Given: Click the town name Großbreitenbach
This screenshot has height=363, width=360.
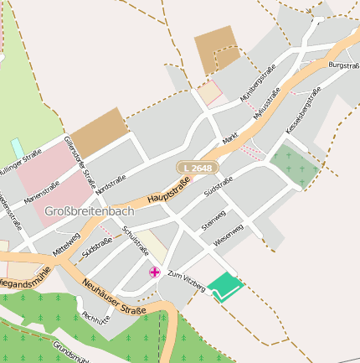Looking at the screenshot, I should coord(90,210).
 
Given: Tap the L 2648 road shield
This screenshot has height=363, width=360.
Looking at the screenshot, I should coord(198,169).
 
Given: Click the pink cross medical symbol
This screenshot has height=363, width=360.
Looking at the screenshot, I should coord(154,272).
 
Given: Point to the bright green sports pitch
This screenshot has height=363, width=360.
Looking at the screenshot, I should coord(224,285).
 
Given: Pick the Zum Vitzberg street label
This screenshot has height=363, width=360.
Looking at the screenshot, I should coord(186,281).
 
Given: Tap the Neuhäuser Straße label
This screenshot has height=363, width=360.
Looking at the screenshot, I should coord(115,299).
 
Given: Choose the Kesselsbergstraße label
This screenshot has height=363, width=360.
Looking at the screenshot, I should coord(303,111).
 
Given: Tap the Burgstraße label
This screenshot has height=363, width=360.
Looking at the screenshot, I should coord(343,65).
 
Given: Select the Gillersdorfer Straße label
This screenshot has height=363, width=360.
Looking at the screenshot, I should coord(80,163).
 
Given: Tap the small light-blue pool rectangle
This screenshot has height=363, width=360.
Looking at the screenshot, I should coord(17,148).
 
